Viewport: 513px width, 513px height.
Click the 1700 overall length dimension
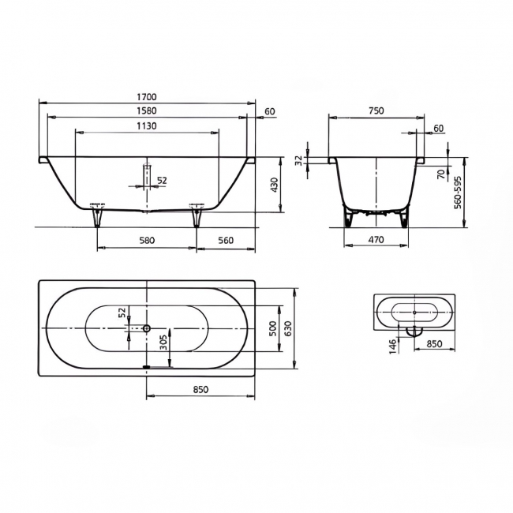146,97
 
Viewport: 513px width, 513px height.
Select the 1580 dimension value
146,111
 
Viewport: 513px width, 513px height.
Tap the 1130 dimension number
146,125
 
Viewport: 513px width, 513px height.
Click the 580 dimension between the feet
146,240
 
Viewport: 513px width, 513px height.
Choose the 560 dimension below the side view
226,240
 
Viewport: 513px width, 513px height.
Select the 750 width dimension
376,111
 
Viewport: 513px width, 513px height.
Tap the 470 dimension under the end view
376,240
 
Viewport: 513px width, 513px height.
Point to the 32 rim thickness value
298,160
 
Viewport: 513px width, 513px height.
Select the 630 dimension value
289,328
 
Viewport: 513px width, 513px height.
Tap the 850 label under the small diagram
433,344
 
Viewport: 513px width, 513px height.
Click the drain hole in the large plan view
147,328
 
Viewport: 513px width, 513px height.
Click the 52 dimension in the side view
162,181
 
